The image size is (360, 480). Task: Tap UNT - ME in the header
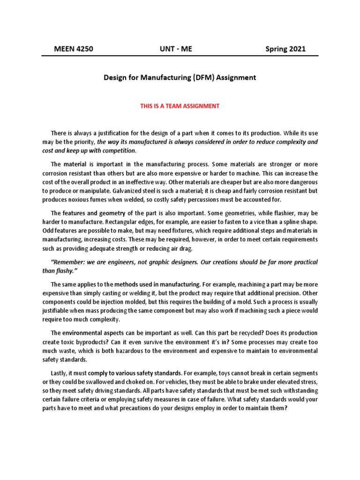pyautogui.click(x=176, y=49)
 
